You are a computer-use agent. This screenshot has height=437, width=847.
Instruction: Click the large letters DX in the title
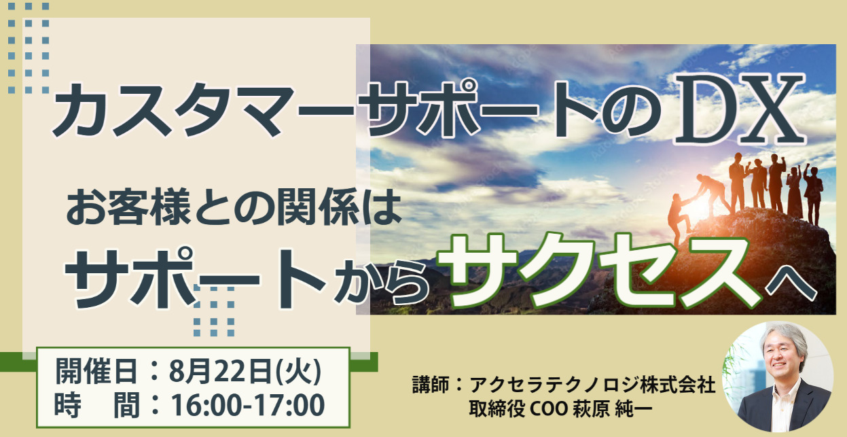point(740,109)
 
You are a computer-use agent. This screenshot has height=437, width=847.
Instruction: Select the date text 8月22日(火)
point(245,371)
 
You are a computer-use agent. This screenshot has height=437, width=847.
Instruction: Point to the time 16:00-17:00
point(248,405)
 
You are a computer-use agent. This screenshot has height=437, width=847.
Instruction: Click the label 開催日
point(96,371)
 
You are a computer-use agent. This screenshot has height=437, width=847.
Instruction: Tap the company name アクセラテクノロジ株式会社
point(592,385)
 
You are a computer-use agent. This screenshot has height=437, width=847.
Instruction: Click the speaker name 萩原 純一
point(613,408)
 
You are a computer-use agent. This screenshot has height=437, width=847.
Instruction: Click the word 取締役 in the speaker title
point(497,408)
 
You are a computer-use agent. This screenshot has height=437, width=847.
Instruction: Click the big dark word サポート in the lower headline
point(195,278)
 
